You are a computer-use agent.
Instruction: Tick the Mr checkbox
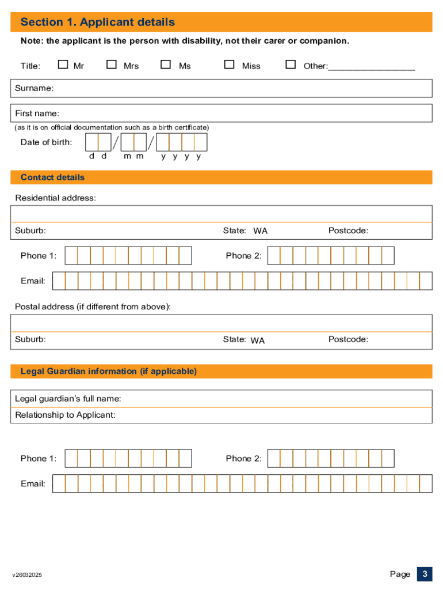pyautogui.click(x=63, y=65)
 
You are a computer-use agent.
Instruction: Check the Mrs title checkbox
pyautogui.click(x=112, y=65)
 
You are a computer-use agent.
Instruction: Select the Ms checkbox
pyautogui.click(x=166, y=65)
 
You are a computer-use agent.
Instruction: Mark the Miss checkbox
pyautogui.click(x=229, y=65)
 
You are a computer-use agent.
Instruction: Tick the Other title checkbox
pyautogui.click(x=291, y=65)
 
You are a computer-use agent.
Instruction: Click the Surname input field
pyautogui.click(x=242, y=88)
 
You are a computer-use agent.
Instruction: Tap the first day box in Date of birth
pyautogui.click(x=91, y=142)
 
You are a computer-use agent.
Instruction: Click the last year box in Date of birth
pyautogui.click(x=201, y=142)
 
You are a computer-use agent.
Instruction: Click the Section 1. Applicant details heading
pyautogui.click(x=98, y=22)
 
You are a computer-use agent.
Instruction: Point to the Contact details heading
pyautogui.click(x=52, y=177)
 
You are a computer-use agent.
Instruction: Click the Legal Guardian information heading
pyautogui.click(x=109, y=371)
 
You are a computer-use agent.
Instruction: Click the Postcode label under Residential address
pyautogui.click(x=348, y=230)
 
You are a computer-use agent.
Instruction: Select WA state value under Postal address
pyautogui.click(x=258, y=341)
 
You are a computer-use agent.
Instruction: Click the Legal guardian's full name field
pyautogui.click(x=276, y=399)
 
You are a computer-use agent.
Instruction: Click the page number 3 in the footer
pyautogui.click(x=424, y=574)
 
